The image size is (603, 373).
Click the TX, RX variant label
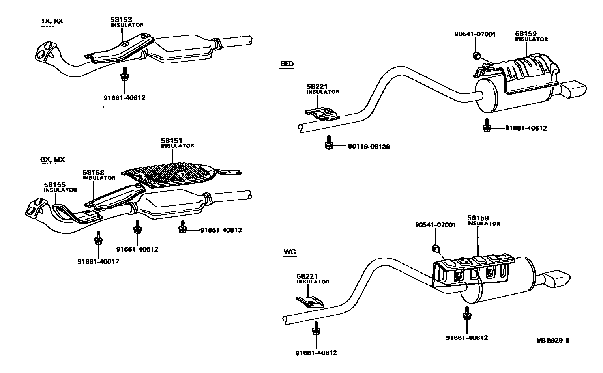coord(52,21)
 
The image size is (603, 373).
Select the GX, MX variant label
coord(52,160)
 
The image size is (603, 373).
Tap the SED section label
coord(287,64)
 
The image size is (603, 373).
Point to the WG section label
coord(289,252)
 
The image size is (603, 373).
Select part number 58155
coord(54,185)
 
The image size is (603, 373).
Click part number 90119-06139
coord(369,147)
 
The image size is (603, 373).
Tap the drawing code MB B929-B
coord(552,341)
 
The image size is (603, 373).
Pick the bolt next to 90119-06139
coord(328,143)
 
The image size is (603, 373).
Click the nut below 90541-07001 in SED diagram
coord(477,55)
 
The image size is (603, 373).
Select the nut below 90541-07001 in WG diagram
coord(436,248)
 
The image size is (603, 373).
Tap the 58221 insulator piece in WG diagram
coord(310,302)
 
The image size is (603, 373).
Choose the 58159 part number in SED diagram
coord(526,34)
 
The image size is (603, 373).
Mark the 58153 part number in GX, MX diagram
coord(93,173)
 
